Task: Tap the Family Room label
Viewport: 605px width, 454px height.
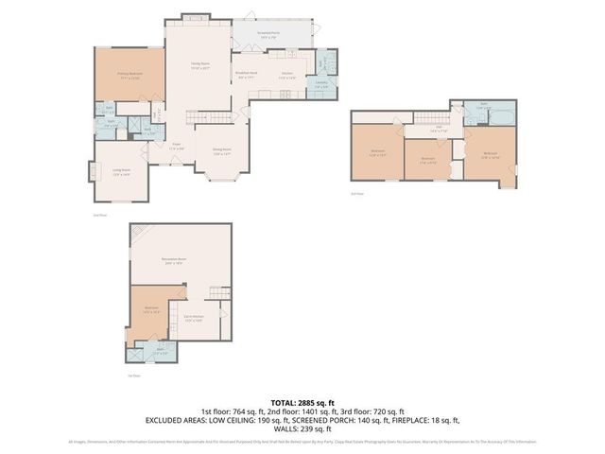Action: tap(199, 66)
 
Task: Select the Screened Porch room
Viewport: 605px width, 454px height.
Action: tap(268, 37)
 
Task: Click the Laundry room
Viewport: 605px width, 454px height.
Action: tap(321, 85)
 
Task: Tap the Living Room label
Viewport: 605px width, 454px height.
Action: tap(121, 173)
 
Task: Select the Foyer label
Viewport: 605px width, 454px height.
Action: tap(176, 147)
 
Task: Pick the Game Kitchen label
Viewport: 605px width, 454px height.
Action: tap(194, 319)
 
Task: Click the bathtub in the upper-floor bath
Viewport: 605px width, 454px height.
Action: tap(501, 113)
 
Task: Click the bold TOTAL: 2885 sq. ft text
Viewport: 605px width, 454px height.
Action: tap(302, 403)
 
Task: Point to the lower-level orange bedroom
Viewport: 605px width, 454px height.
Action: tap(151, 310)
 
